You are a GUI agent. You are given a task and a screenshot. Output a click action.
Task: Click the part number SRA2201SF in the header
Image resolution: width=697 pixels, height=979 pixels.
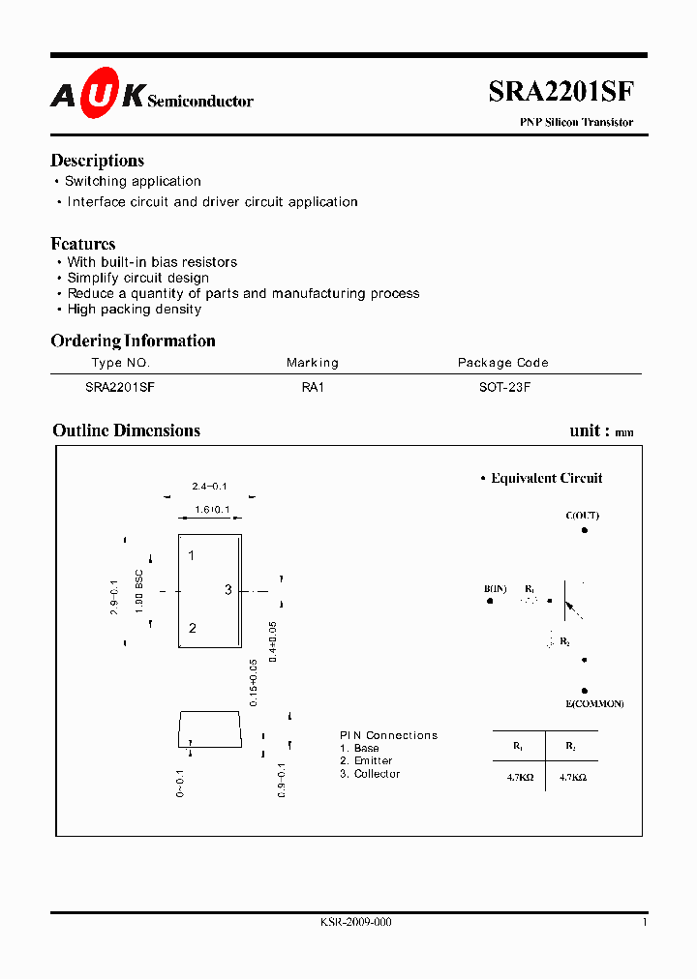tap(561, 92)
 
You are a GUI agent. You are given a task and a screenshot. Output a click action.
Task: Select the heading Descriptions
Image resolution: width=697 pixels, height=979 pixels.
tap(97, 161)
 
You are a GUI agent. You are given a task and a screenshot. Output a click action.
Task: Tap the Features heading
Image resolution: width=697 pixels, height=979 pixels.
tap(83, 244)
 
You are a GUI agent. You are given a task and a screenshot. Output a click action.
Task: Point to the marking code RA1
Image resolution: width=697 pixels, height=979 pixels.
tap(313, 385)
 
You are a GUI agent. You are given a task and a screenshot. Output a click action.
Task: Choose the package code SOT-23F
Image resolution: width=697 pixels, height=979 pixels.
tap(502, 385)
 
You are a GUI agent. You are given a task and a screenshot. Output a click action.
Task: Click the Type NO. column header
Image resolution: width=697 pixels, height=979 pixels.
tap(121, 363)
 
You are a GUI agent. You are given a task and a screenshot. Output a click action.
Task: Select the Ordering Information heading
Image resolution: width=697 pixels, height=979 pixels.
tap(133, 341)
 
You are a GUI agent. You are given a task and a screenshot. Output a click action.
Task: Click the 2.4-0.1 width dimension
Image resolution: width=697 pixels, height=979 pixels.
tap(209, 486)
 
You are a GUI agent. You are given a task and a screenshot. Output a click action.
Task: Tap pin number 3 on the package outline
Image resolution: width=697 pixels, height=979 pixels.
tap(228, 590)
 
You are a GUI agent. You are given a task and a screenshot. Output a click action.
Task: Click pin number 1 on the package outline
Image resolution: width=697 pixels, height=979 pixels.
tap(192, 555)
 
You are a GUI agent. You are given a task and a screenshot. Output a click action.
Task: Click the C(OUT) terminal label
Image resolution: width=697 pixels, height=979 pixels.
tap(583, 516)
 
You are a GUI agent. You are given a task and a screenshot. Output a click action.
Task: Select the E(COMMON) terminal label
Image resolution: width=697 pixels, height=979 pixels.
tap(594, 703)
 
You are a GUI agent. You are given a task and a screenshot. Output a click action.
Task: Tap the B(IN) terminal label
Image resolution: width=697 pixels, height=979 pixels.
tap(496, 588)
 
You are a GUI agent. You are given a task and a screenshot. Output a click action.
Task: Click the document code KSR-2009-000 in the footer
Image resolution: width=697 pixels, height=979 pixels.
tap(355, 923)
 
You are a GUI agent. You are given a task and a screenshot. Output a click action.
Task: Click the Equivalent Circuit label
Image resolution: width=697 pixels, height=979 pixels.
tap(546, 478)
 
